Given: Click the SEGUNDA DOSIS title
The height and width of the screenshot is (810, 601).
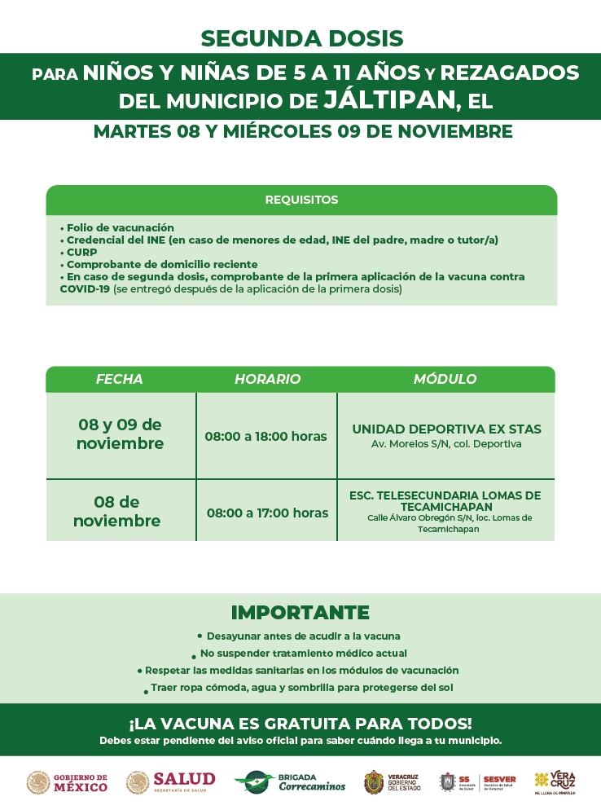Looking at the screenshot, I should (x=301, y=37).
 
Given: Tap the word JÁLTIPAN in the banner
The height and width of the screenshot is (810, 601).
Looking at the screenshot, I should (x=388, y=100).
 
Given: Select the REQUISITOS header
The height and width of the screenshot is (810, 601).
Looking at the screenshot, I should (x=301, y=200).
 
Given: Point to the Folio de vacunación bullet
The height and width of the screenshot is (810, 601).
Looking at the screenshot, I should (x=119, y=227).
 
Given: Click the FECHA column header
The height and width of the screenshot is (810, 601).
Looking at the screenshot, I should (x=119, y=379).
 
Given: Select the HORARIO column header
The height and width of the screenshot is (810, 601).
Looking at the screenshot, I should (x=267, y=379).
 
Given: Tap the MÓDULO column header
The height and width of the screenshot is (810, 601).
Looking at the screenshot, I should (x=445, y=379).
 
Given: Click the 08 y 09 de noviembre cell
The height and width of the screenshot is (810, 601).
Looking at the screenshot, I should (x=120, y=434).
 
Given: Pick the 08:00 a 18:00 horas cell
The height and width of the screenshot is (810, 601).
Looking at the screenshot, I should (x=265, y=436).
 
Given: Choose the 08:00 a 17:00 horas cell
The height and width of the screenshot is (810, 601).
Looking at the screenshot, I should (x=267, y=513).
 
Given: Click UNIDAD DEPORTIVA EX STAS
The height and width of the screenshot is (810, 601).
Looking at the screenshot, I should (x=446, y=429).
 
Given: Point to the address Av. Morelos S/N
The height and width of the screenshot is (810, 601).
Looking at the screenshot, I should (x=446, y=444).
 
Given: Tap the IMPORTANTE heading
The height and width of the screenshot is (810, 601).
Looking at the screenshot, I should (x=300, y=612).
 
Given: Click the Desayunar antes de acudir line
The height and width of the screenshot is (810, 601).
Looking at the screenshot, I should (x=302, y=636).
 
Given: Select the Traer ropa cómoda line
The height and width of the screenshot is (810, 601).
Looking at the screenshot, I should (x=301, y=688).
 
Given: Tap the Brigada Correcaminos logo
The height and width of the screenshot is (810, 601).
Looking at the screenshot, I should (x=290, y=782).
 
